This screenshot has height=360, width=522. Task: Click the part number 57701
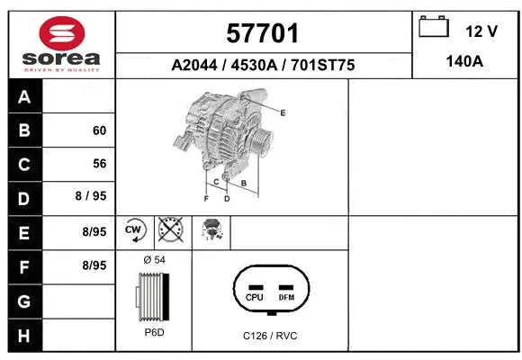pyautogui.click(x=263, y=34)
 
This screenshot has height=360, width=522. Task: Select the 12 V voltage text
pyautogui.click(x=481, y=31)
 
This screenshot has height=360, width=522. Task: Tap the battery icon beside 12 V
pyautogui.click(x=435, y=28)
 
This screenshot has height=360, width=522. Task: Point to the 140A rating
pyautogui.click(x=464, y=63)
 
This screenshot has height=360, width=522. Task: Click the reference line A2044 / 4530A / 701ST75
pyautogui.click(x=263, y=65)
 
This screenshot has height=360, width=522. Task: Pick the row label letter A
pyautogui.click(x=24, y=97)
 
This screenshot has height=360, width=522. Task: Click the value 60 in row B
pyautogui.click(x=100, y=130)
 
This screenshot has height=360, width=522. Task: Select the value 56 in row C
pyautogui.click(x=100, y=164)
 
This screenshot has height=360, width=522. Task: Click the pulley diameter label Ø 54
pyautogui.click(x=153, y=259)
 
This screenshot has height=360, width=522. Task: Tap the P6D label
pyautogui.click(x=153, y=332)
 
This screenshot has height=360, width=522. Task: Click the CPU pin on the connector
pyautogui.click(x=254, y=296)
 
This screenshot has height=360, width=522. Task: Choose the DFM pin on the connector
pyautogui.click(x=286, y=296)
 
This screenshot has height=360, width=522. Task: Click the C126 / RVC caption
pyautogui.click(x=270, y=336)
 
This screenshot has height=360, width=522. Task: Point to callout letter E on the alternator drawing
pyautogui.click(x=283, y=112)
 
